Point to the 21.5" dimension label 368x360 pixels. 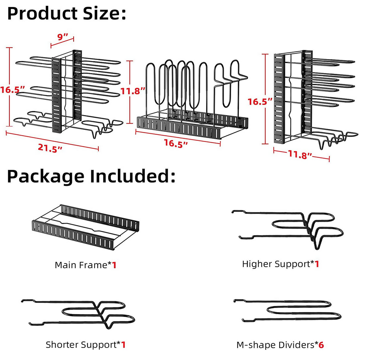coord(51,148)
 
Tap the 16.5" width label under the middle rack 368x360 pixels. coord(176,143)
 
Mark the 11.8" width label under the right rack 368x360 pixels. coord(300,154)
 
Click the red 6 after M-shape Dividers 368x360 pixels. coord(321,344)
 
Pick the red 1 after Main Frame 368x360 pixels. coord(114,265)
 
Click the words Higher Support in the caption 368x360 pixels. coord(276,264)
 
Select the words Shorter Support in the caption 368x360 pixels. coord(81,344)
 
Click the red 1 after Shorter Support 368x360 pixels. coord(123,344)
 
